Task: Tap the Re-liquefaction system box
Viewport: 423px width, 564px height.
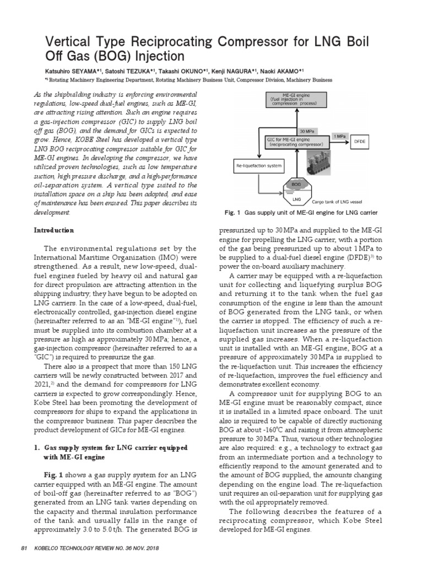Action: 259,165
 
